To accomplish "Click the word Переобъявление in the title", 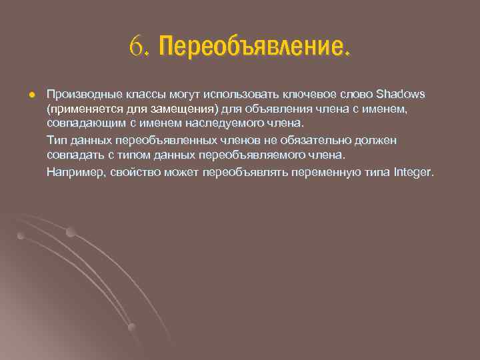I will click(253, 47).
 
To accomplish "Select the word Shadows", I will click(405, 93).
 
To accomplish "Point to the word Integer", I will click(413, 172).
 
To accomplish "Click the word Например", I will click(74, 172).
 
